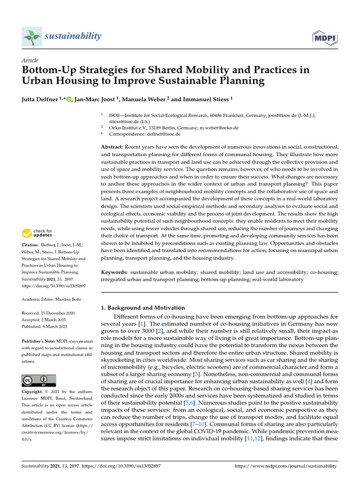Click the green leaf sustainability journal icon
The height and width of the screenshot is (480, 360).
coord(32,36)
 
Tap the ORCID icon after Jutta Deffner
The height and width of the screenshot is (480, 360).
coord(69,99)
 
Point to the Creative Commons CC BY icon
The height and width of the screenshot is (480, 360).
coord(39,381)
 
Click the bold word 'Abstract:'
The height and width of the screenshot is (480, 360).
coord(112,147)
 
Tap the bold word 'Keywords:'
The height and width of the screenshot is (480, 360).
coord(114,272)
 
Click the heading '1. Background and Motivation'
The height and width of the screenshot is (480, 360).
coord(143,308)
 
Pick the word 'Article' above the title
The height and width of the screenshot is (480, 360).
coord(30,60)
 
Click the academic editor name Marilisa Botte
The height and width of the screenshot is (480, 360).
coord(70,299)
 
